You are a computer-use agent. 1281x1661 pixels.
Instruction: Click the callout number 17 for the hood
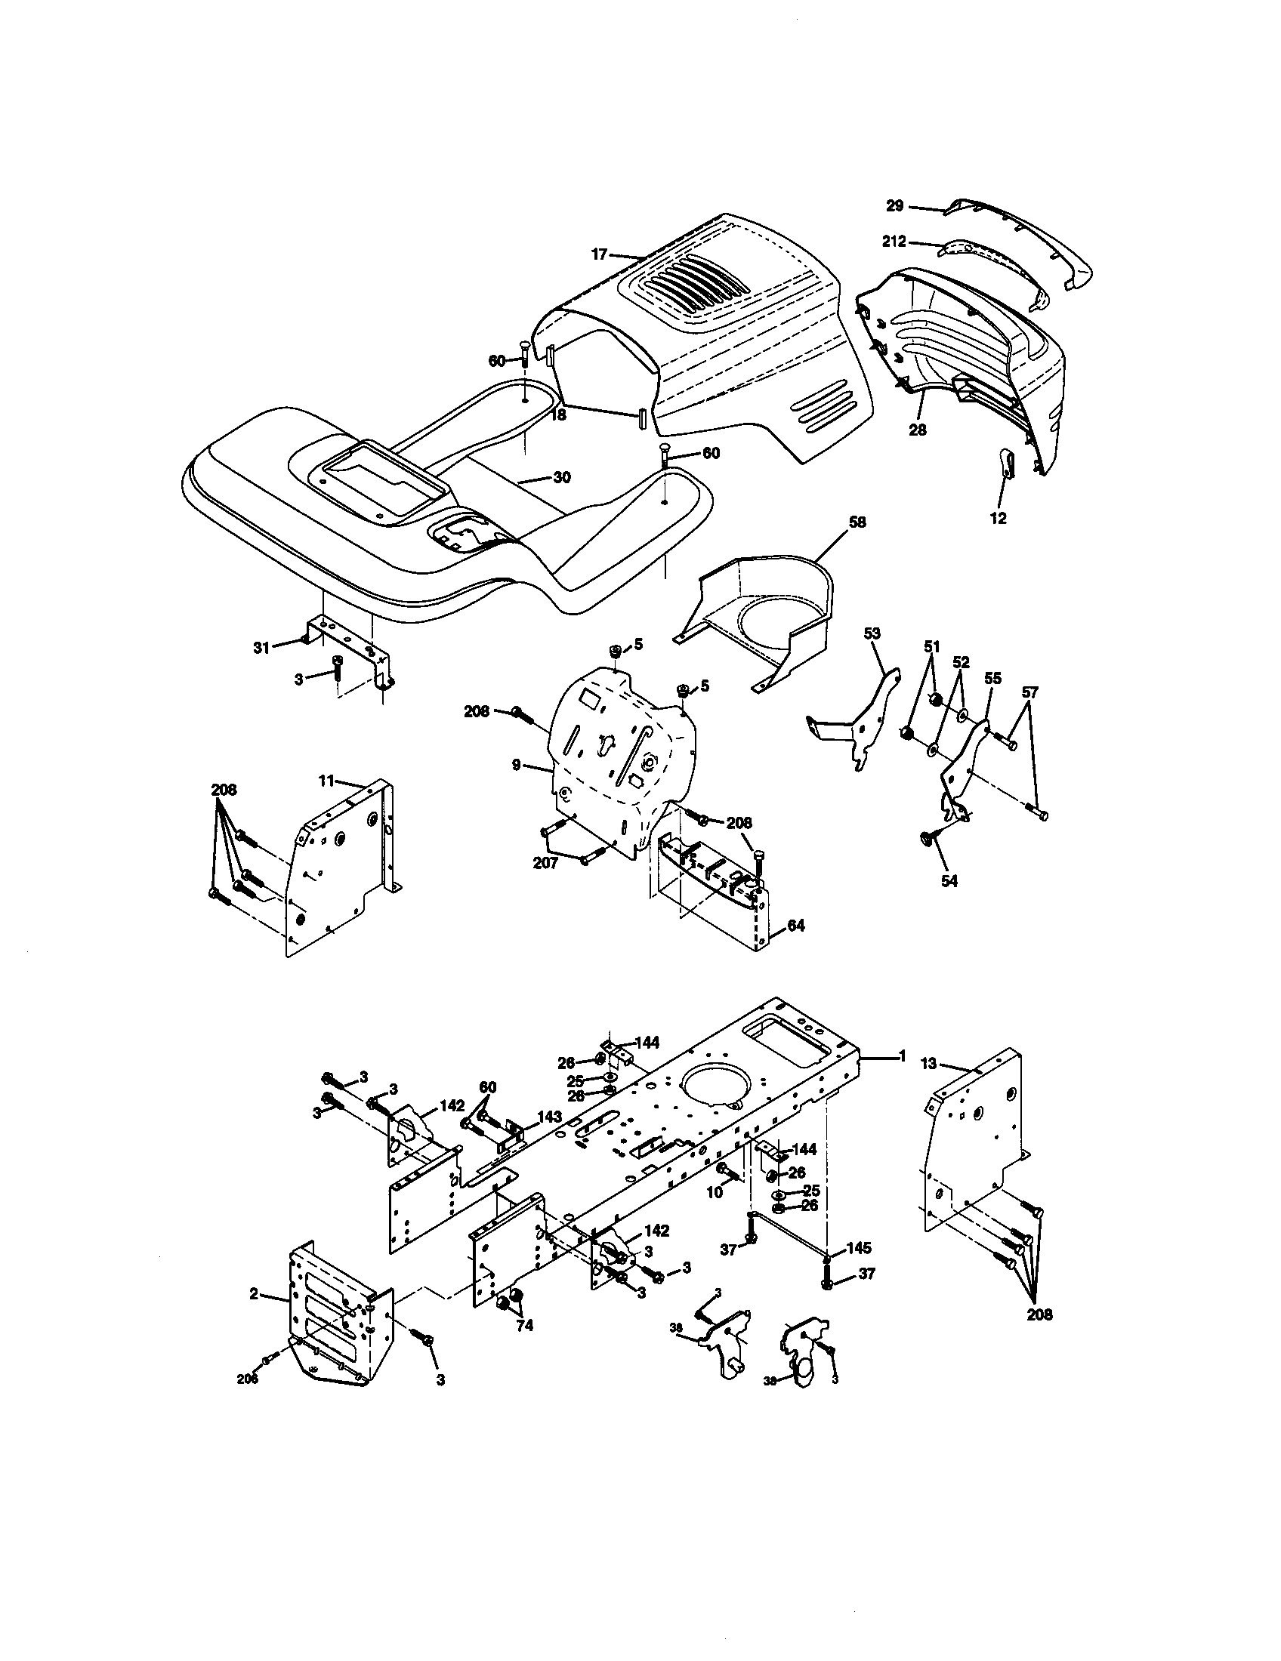click(x=599, y=254)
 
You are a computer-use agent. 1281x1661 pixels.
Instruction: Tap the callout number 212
click(x=894, y=242)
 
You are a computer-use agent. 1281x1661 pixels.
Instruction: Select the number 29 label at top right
click(x=894, y=205)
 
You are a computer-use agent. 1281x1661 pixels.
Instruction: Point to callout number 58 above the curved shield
click(x=857, y=522)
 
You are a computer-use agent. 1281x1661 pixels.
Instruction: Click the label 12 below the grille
click(x=998, y=519)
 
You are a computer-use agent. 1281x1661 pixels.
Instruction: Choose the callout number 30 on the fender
click(x=561, y=478)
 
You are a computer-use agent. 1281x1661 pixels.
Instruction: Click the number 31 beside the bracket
click(x=261, y=648)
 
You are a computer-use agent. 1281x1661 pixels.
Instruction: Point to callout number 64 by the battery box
click(x=795, y=926)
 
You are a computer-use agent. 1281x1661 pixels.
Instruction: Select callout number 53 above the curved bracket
click(x=872, y=633)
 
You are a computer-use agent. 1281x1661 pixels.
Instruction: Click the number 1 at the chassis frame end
click(x=902, y=1055)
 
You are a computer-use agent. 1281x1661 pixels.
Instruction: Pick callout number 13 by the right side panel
click(x=929, y=1064)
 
